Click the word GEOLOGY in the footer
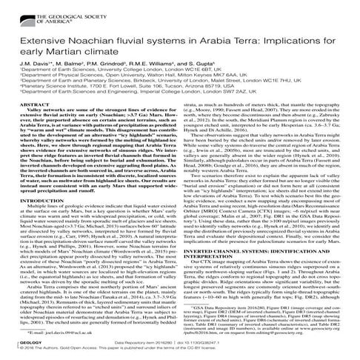click(19, 351)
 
